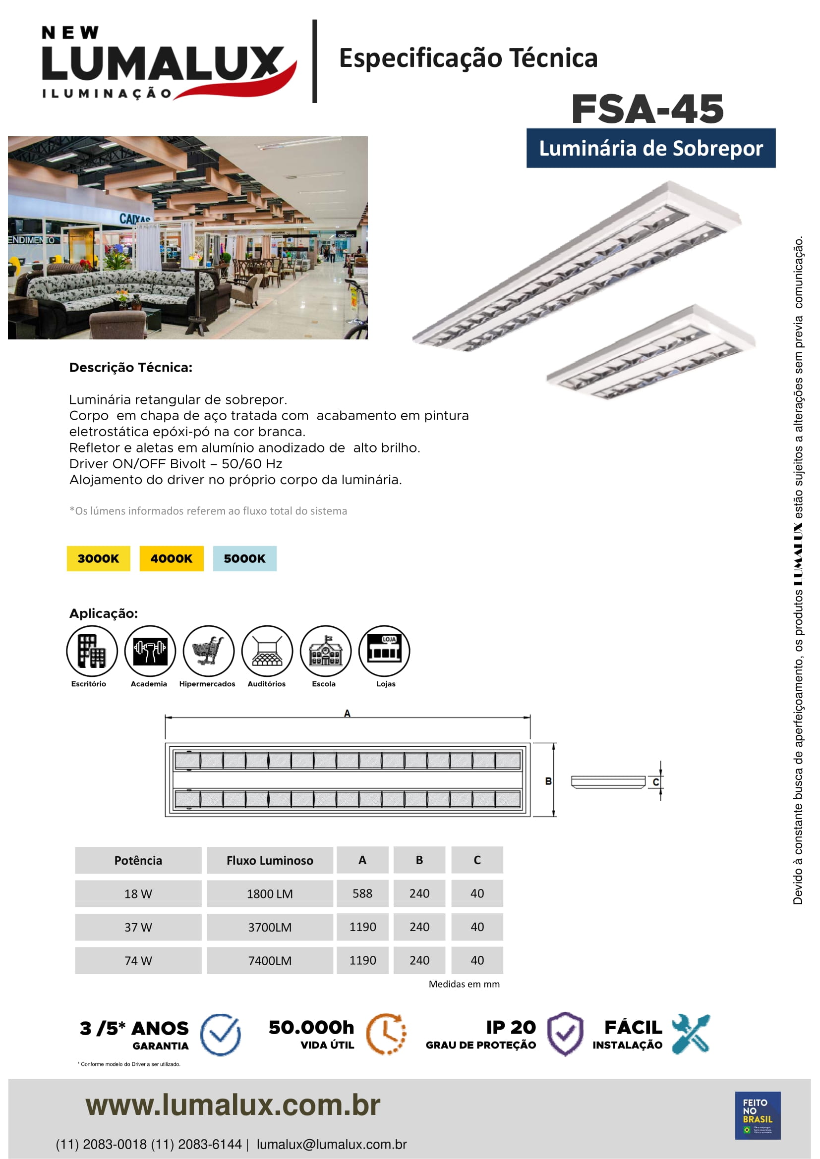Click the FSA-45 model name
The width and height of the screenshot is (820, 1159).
[x=647, y=109]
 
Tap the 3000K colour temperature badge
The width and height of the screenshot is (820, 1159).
[x=99, y=558]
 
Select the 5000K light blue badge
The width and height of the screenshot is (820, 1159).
[x=244, y=558]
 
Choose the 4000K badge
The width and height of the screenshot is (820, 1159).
[x=171, y=558]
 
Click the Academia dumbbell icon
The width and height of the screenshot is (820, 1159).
[x=150, y=651]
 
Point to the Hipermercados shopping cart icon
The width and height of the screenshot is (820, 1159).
[x=209, y=651]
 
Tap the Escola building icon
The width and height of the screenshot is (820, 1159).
[x=325, y=651]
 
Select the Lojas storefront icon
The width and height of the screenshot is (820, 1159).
[x=384, y=651]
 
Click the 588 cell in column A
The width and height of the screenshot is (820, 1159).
[x=362, y=893]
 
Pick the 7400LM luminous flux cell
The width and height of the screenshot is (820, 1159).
[x=270, y=960]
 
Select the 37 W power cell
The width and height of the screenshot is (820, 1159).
[x=138, y=927]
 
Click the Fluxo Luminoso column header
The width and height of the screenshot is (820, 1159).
[x=270, y=860]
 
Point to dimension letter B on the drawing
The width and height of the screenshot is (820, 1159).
[x=548, y=781]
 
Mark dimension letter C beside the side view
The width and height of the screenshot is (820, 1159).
[x=655, y=782]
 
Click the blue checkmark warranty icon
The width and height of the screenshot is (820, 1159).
[x=221, y=1034]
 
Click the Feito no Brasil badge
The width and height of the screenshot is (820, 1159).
[x=758, y=1115]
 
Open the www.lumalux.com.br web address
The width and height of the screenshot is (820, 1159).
[x=233, y=1105]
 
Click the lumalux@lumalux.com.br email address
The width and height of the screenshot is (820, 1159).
[x=331, y=1144]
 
